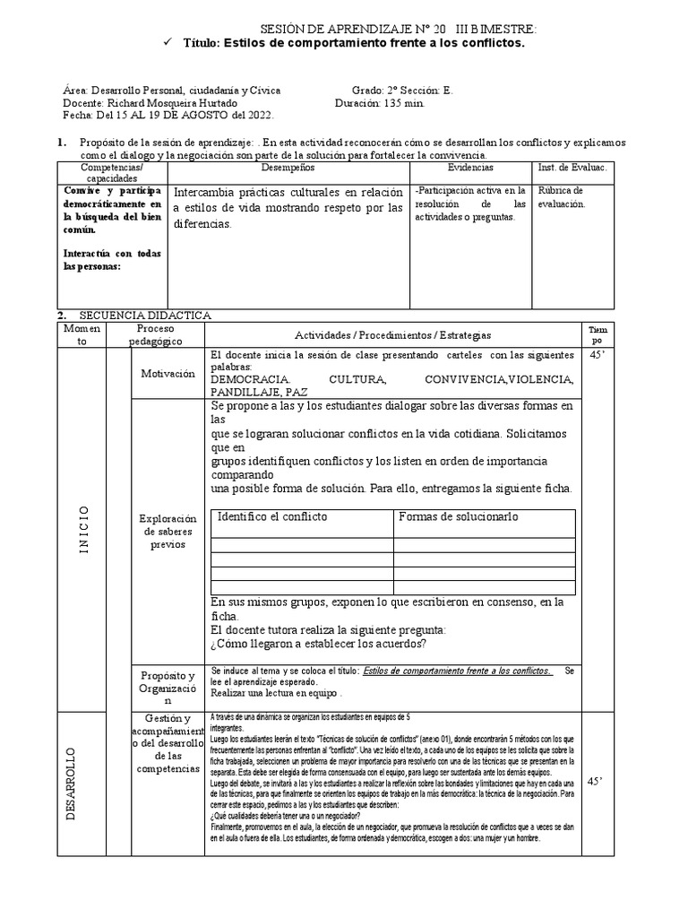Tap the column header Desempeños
288,168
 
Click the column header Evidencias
469,168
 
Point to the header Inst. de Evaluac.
572,168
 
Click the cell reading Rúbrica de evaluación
562,197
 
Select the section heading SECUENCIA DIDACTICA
145,316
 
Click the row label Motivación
168,374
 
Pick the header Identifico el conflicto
273,517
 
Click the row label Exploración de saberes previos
168,531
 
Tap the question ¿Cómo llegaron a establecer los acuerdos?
319,642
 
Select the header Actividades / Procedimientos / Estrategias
393,334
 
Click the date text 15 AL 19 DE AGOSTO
165,116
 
